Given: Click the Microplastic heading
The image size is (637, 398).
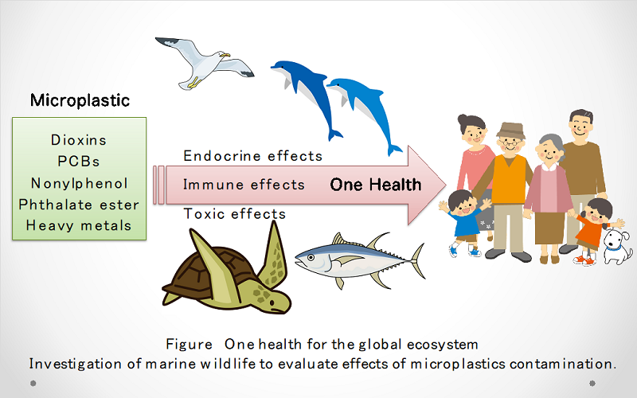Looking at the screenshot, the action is pyautogui.click(x=80, y=100).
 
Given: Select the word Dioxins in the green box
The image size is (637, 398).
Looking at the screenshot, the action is pyautogui.click(x=79, y=140).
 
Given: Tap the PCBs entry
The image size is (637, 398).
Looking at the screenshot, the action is pyautogui.click(x=78, y=162).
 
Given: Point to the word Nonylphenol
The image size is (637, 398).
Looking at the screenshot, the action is pyautogui.click(x=80, y=183).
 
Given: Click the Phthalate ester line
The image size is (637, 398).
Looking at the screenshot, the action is pyautogui.click(x=79, y=205).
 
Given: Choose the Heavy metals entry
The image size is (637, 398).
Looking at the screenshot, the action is pyautogui.click(x=79, y=225).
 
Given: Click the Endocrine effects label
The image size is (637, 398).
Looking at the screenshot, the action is pyautogui.click(x=252, y=156).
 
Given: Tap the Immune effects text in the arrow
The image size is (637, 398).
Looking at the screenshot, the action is pyautogui.click(x=244, y=185).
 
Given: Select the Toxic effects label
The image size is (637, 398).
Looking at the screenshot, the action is pyautogui.click(x=234, y=213).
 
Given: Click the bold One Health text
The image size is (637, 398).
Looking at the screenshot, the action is pyautogui.click(x=376, y=185).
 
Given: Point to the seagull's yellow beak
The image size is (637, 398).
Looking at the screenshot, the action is pyautogui.click(x=225, y=54).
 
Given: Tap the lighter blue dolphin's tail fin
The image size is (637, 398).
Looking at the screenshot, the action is pyautogui.click(x=393, y=150).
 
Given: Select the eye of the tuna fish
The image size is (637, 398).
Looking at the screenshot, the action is pyautogui.click(x=311, y=257).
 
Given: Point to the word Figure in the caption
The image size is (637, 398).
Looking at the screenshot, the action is pyautogui.click(x=189, y=345).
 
